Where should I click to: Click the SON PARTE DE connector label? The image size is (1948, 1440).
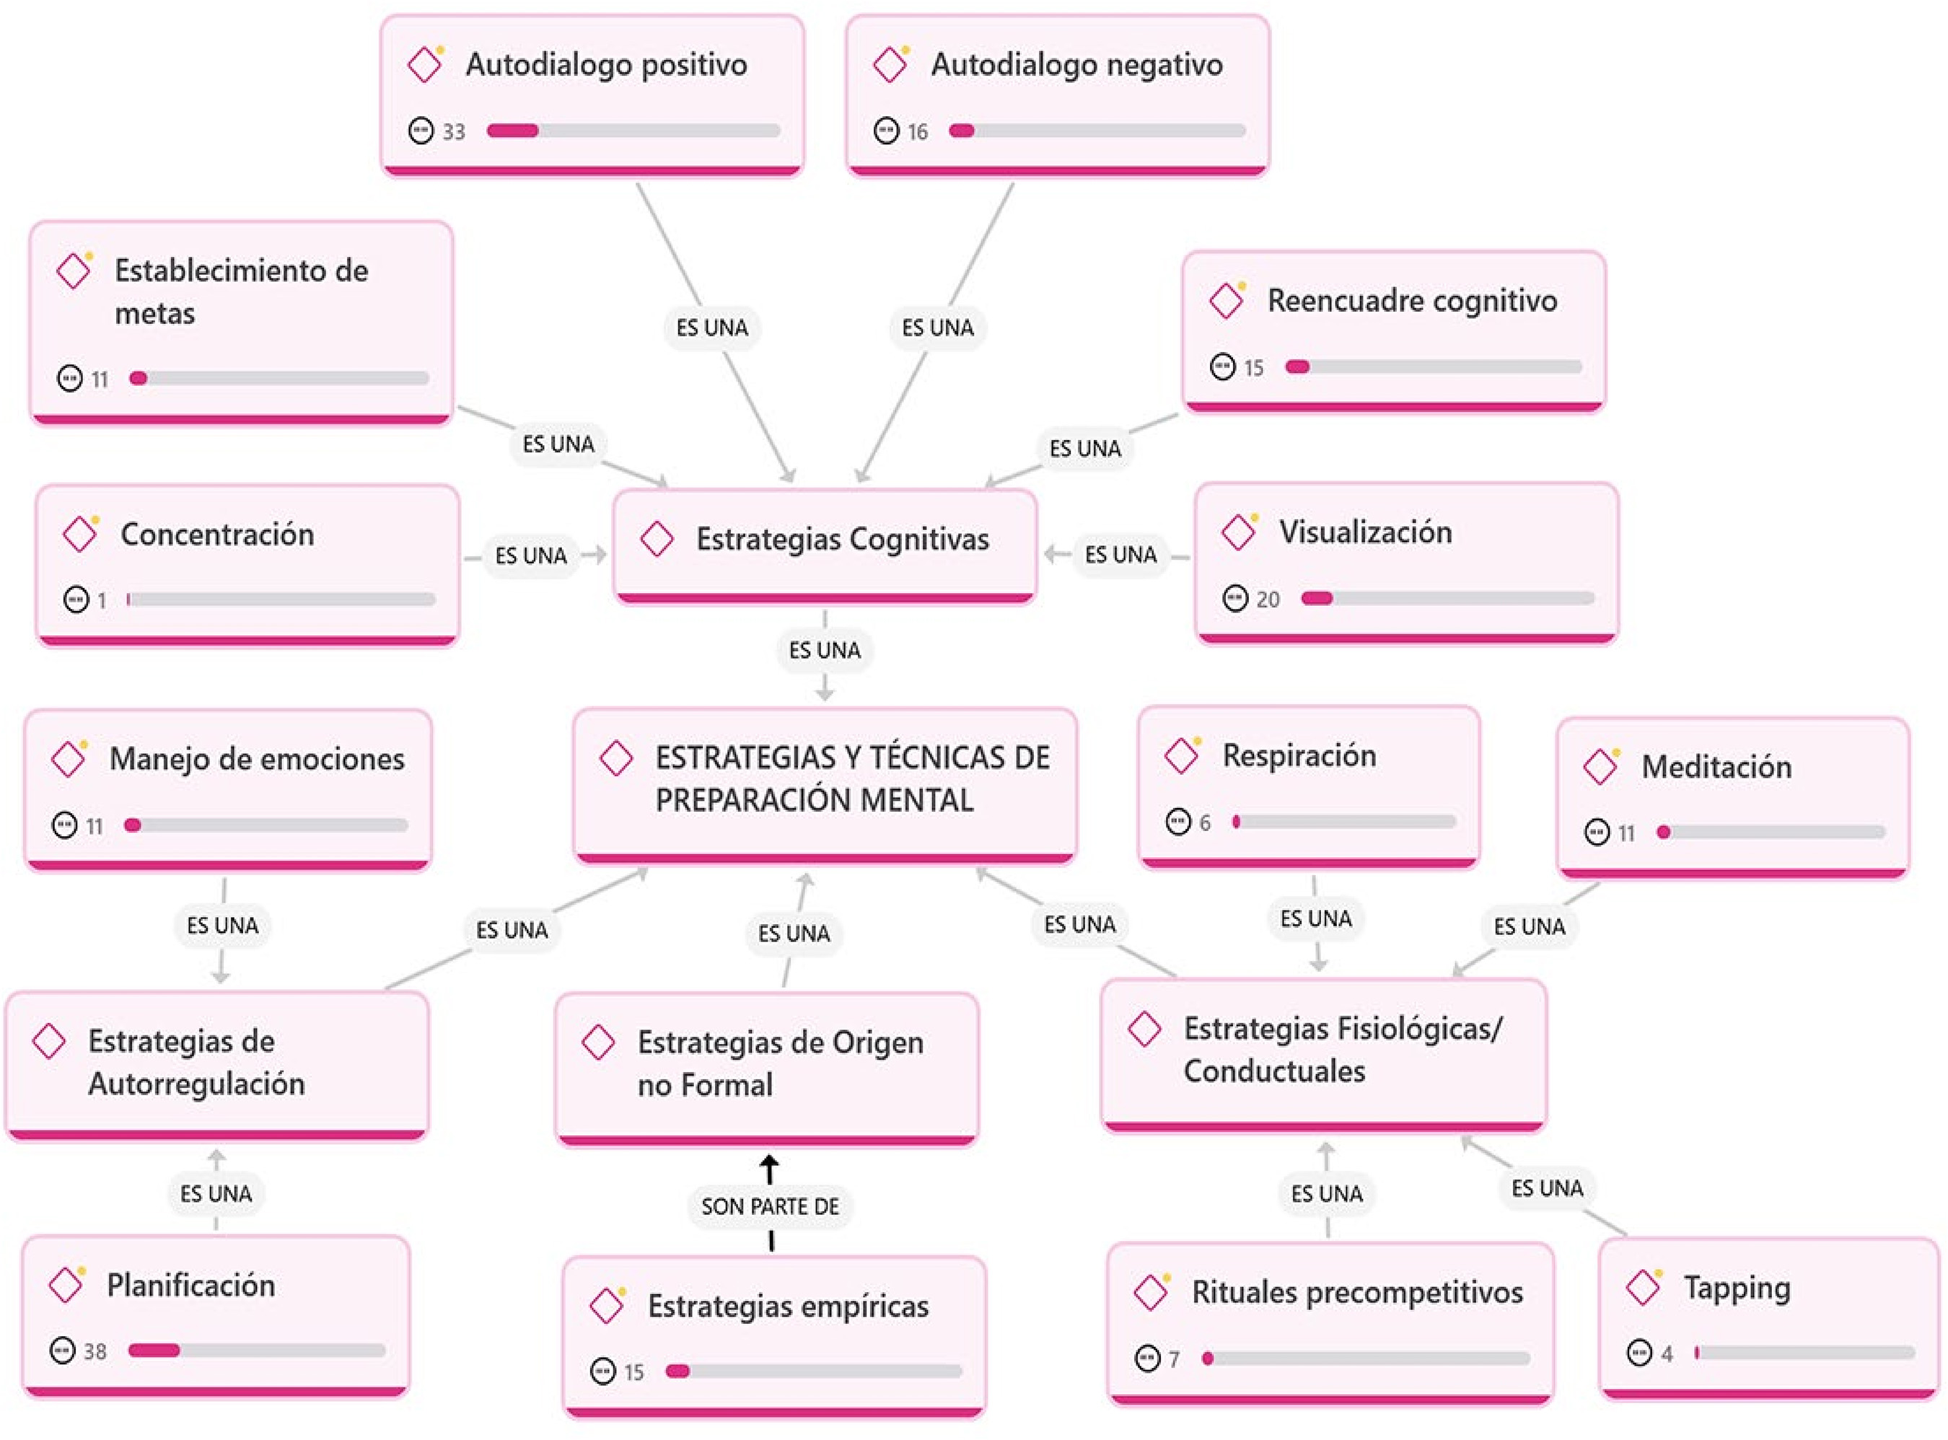click(770, 1206)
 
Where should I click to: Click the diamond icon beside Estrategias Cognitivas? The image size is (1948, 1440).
click(657, 539)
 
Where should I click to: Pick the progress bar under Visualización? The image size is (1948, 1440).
click(1447, 598)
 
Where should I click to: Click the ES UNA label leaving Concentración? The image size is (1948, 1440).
click(531, 556)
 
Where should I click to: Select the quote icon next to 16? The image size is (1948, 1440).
click(885, 131)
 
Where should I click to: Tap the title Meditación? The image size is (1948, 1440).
click(1716, 767)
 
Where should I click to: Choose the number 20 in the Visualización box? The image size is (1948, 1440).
click(1268, 600)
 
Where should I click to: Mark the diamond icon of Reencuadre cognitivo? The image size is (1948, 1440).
click(1227, 301)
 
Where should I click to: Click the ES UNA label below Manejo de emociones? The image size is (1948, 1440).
click(222, 925)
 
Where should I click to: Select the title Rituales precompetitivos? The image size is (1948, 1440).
click(1357, 1292)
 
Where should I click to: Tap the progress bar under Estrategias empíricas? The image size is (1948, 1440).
click(813, 1371)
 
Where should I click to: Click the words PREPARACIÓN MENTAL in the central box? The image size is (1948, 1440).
click(814, 800)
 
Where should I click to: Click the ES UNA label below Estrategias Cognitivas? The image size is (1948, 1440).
click(825, 650)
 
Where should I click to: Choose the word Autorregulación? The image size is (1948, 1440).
click(196, 1084)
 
